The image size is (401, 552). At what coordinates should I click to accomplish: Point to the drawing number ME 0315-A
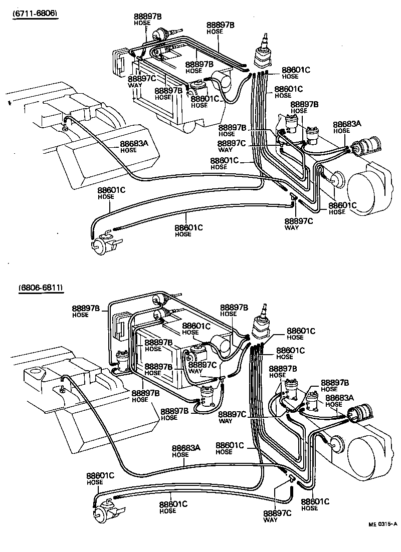point(382,523)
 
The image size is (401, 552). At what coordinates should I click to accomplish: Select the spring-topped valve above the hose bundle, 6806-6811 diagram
point(263,324)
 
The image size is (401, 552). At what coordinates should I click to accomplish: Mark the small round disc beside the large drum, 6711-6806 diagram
point(336,179)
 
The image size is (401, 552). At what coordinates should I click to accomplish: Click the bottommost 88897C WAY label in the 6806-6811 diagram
point(277,515)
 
